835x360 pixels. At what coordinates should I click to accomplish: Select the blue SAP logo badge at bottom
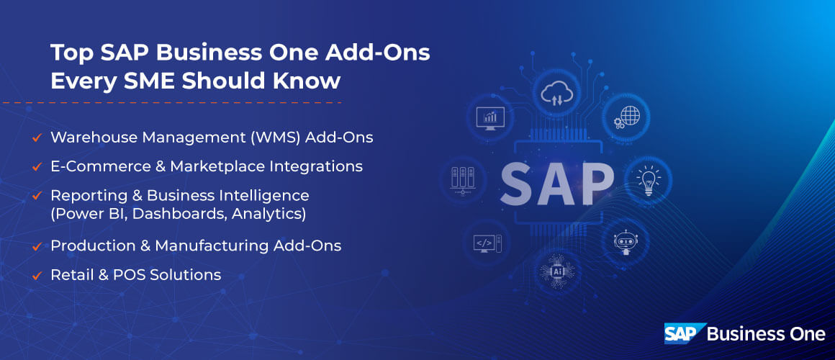click(x=682, y=333)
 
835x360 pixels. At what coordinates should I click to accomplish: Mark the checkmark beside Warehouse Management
click(x=35, y=138)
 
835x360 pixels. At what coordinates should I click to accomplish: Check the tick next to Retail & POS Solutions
click(x=35, y=275)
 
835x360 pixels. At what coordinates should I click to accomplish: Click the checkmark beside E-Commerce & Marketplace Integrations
click(x=35, y=166)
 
